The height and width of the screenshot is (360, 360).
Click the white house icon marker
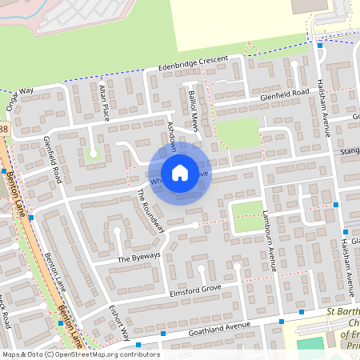(x=179, y=173)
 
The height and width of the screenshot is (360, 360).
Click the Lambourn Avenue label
(x=269, y=240)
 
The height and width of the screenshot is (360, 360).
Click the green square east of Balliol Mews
(x=237, y=131)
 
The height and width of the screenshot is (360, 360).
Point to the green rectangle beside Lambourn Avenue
(x=247, y=216)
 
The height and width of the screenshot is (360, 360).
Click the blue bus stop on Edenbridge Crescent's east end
(x=319, y=46)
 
